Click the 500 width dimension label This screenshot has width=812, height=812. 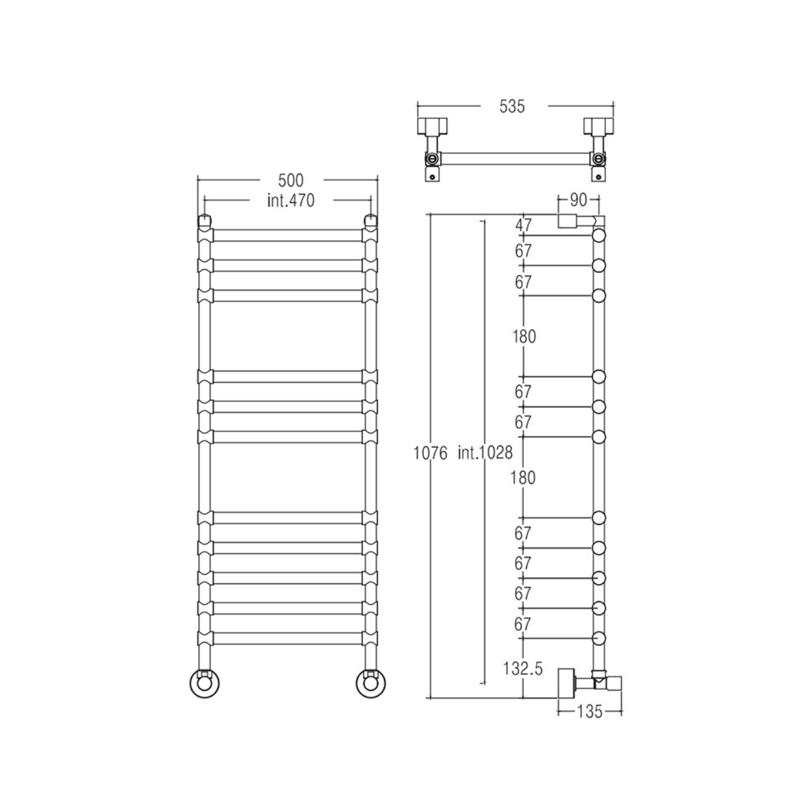[x=291, y=181]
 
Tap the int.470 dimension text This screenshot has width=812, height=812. [x=291, y=201]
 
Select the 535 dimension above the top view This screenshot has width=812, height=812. [x=512, y=107]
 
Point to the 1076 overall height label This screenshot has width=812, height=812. [x=430, y=453]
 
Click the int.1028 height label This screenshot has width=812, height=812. [x=485, y=453]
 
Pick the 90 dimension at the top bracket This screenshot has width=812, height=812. [x=578, y=201]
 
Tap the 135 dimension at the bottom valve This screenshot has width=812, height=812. [x=589, y=712]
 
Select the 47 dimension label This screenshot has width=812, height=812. [x=524, y=225]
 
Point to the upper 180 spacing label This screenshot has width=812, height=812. [x=524, y=336]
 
